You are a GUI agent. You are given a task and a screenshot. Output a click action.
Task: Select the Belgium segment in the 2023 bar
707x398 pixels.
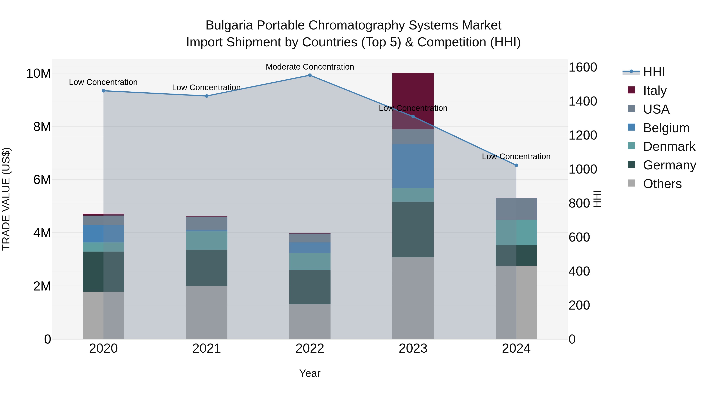click(x=413, y=166)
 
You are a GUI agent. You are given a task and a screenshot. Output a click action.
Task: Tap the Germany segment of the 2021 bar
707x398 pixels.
click(x=206, y=268)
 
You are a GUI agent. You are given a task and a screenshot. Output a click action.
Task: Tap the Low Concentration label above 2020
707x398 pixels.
click(x=103, y=82)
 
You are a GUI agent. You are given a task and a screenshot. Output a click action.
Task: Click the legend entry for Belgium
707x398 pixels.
click(x=666, y=128)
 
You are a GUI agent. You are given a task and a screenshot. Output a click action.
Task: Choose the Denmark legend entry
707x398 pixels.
click(x=669, y=146)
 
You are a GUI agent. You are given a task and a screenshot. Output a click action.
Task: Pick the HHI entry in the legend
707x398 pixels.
click(x=654, y=72)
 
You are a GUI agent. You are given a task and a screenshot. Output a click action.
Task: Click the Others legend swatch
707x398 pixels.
click(x=631, y=183)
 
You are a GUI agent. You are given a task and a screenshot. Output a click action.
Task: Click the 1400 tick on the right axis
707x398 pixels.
click(x=582, y=101)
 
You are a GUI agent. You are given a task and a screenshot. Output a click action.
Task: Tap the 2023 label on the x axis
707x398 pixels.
click(x=413, y=348)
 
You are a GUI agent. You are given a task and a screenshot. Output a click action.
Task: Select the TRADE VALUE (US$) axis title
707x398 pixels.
click(x=6, y=199)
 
